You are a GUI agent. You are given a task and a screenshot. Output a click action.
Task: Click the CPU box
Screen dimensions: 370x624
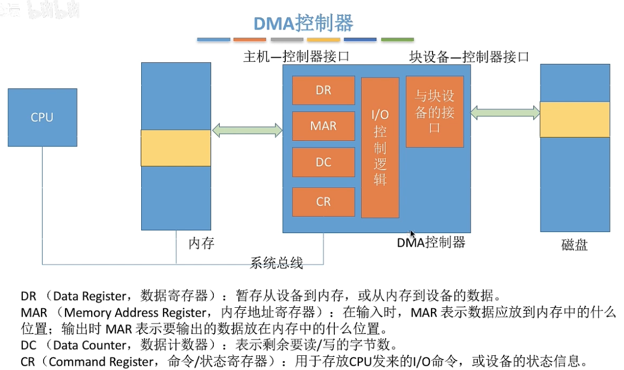(x=42, y=117)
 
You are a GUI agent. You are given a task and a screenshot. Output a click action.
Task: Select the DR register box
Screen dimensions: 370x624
(x=323, y=90)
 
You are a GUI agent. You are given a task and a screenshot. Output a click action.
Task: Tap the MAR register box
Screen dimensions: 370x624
(x=323, y=126)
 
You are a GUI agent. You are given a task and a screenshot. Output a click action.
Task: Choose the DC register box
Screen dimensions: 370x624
(x=323, y=162)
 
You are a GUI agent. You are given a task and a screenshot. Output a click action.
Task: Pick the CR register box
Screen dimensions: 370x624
(x=323, y=201)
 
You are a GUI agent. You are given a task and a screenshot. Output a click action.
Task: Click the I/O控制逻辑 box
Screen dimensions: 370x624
(x=380, y=147)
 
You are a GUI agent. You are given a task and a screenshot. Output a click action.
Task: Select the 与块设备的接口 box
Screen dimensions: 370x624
(x=435, y=112)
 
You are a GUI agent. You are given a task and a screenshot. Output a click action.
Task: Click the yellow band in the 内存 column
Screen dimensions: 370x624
(x=176, y=148)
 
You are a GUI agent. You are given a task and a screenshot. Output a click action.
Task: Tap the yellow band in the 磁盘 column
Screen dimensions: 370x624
(x=575, y=119)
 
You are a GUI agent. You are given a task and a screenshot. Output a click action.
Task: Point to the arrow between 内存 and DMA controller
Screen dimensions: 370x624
(x=247, y=130)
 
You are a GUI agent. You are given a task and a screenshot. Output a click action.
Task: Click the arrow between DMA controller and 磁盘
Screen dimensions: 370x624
(x=506, y=113)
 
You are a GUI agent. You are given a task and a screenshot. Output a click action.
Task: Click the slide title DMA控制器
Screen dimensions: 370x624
(x=303, y=23)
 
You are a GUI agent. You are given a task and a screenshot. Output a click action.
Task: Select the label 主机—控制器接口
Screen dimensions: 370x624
(x=296, y=56)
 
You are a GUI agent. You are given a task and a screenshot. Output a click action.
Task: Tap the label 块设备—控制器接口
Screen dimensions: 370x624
(x=469, y=56)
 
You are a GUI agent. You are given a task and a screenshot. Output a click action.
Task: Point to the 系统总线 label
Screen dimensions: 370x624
(x=276, y=262)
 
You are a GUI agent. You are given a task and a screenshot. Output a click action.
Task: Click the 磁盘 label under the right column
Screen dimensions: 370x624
(x=574, y=244)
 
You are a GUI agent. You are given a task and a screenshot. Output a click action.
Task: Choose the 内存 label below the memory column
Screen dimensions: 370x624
(x=201, y=243)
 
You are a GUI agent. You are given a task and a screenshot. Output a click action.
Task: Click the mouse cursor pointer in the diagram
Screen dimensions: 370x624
(x=413, y=234)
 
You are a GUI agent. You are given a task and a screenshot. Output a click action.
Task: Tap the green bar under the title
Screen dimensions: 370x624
(x=397, y=40)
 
